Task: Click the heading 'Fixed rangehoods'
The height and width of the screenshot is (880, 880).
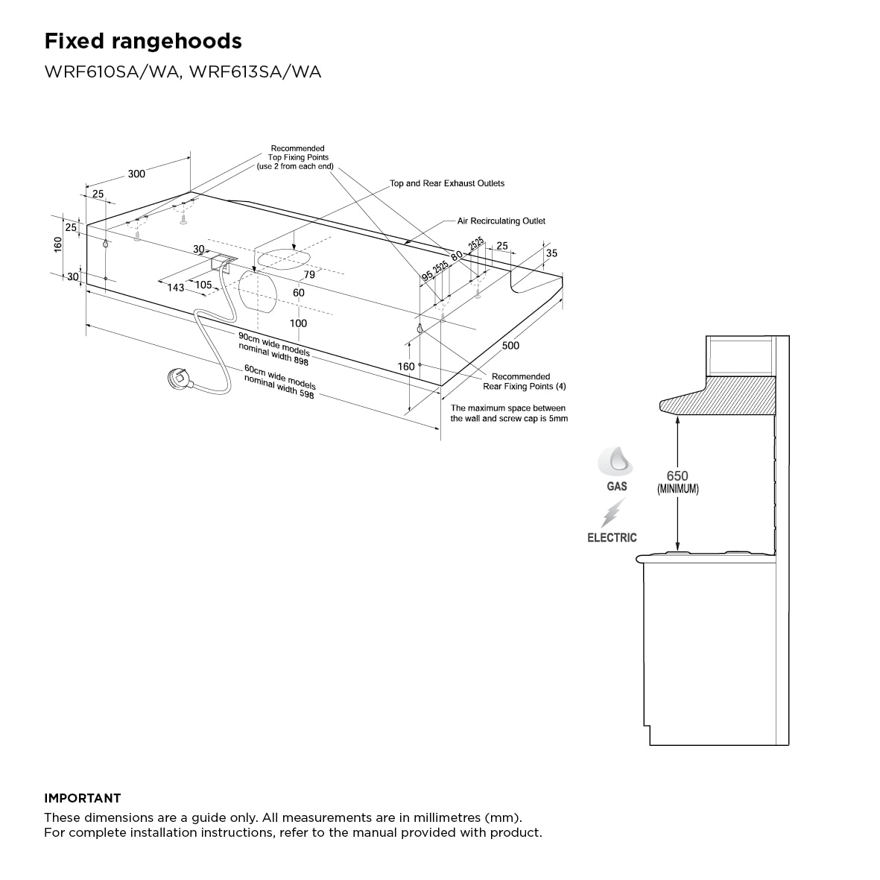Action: pos(143,41)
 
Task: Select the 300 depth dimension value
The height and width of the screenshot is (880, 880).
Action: pos(136,174)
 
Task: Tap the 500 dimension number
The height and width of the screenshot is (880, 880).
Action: pos(510,346)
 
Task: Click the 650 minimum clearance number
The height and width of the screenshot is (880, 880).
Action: pos(677,476)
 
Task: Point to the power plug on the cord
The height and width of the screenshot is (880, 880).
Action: pos(180,379)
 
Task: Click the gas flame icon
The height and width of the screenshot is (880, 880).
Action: pos(616,461)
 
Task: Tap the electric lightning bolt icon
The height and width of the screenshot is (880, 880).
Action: pos(613,513)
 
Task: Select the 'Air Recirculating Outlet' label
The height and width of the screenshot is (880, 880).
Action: pos(501,221)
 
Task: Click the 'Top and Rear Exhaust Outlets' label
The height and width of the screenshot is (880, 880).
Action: pos(447,183)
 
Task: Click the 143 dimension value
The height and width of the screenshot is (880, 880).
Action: pos(175,288)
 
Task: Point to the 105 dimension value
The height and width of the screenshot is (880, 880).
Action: pos(203,285)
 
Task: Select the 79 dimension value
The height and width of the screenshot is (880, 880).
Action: pos(309,275)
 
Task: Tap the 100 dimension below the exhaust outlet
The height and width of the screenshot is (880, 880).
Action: pos(298,323)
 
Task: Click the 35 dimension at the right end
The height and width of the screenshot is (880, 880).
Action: pos(551,253)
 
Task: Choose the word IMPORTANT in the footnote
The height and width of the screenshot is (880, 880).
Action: pos(82,798)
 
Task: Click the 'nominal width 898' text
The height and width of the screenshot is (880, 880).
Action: pos(273,355)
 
